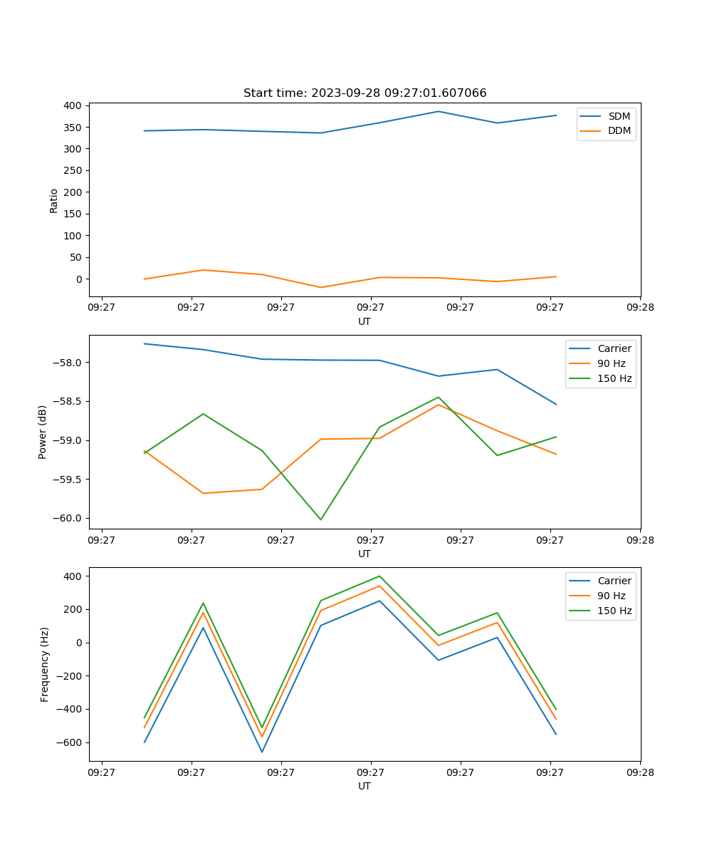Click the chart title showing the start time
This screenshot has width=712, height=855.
point(365,93)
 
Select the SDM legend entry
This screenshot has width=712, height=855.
point(619,116)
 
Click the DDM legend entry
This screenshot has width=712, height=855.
point(619,130)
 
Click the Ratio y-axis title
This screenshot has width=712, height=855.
point(54,200)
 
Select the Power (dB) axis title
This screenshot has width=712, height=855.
point(43,432)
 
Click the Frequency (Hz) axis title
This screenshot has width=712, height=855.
point(45,664)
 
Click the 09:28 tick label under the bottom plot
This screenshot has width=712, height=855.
point(639,772)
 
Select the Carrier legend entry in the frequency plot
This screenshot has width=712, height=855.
point(614,581)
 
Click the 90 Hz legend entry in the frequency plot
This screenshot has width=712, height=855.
point(611,596)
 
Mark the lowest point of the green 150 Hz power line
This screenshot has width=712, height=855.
point(320,519)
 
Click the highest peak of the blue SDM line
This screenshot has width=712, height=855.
point(439,111)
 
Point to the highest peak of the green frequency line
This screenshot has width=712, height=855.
point(379,576)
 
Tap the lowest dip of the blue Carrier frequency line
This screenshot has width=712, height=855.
point(262,752)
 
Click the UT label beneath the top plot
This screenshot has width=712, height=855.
point(365,321)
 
